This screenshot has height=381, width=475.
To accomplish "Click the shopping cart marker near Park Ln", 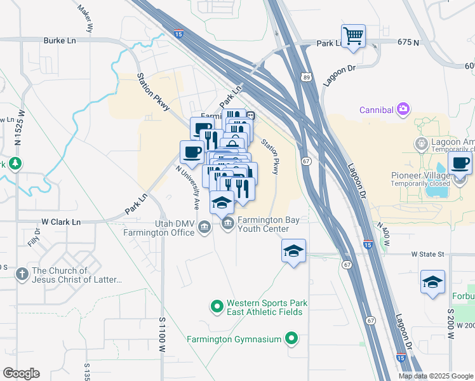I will coord(353,36).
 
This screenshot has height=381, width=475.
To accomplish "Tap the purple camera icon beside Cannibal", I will coord(403,110).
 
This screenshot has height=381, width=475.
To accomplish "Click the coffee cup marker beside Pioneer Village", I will coord(460,163).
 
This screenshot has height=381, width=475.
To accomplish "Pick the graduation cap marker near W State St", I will coord(293,251).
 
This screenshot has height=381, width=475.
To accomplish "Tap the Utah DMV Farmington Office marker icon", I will coord(204,227).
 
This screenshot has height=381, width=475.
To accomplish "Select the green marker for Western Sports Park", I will coord(217,307).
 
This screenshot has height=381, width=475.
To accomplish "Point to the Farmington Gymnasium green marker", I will coord(291,338).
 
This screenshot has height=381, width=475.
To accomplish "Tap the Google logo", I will coord(21,373).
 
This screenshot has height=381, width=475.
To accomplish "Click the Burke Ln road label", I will coord(60,40).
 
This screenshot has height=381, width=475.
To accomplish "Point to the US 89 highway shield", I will coord(307,77).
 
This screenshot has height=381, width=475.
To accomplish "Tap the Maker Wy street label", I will coord(86,19).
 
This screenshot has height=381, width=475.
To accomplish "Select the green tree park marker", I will coord(15,164).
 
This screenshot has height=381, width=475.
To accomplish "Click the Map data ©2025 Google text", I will coord(436,376).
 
